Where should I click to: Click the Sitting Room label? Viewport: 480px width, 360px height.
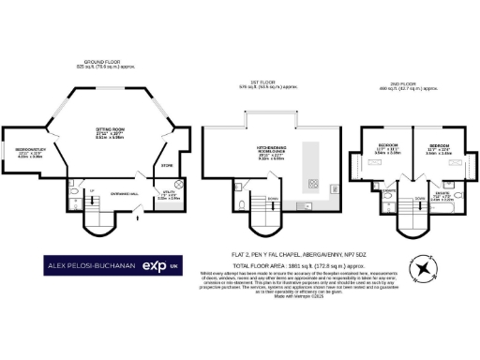click(x=115, y=135)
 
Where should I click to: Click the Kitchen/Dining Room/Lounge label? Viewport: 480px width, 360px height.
click(x=269, y=154)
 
